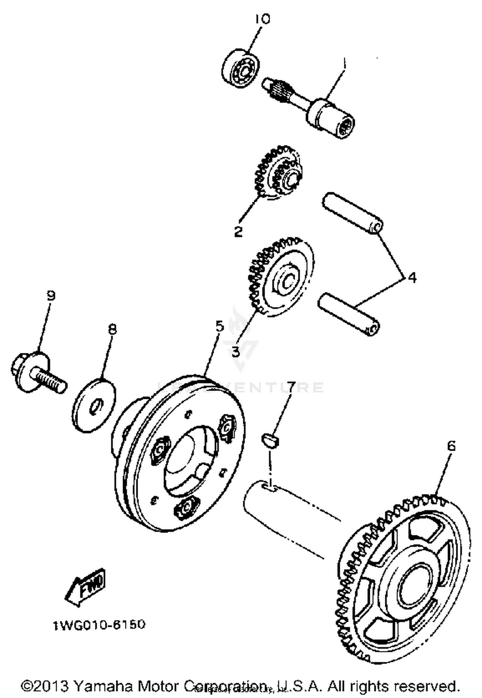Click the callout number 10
(x=263, y=19)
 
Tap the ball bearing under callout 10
(x=241, y=68)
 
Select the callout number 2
(x=238, y=231)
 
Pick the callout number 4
(x=412, y=278)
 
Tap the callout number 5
(x=219, y=327)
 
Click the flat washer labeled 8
(x=93, y=404)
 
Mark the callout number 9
(x=51, y=295)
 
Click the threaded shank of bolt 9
(x=48, y=379)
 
